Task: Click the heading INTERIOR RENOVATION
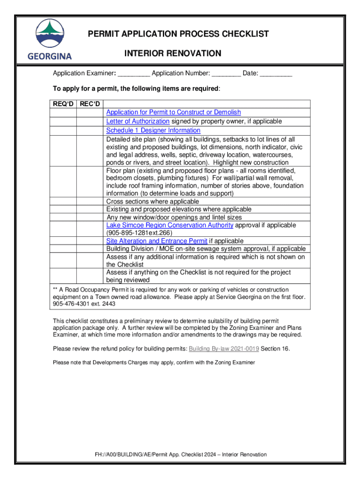173,54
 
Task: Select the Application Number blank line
227,74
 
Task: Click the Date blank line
276,74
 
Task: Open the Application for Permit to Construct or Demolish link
173,112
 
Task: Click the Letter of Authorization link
138,121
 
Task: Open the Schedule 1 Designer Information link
153,131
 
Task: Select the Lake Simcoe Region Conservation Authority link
170,225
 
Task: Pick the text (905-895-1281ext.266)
139,233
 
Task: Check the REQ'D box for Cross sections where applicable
63,202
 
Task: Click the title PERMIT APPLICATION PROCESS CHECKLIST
173,34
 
